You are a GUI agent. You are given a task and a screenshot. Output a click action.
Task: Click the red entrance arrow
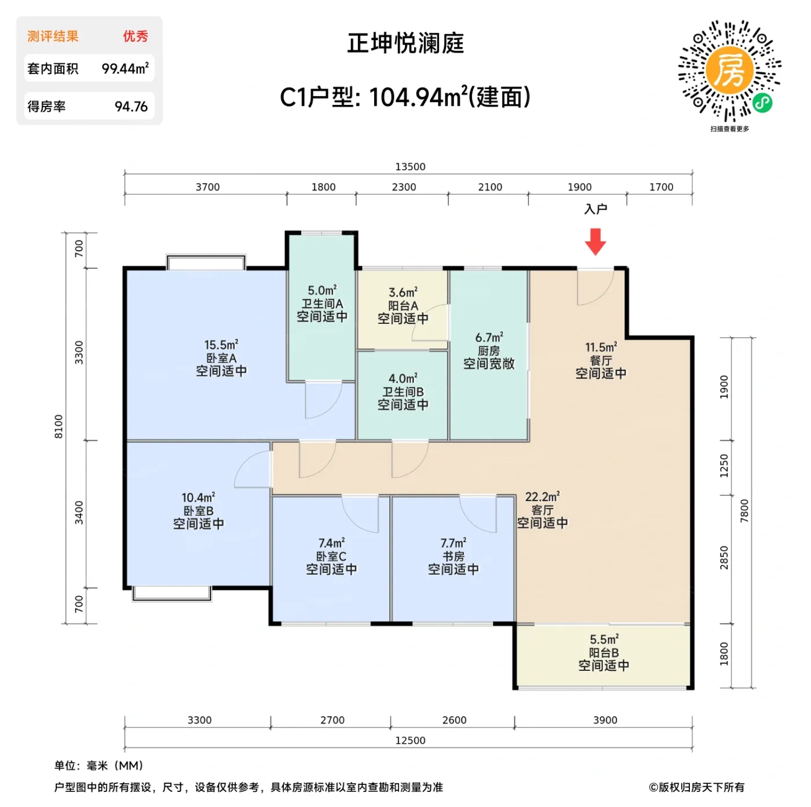pos(595,241)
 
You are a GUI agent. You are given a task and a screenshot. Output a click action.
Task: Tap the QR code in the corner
pos(729,71)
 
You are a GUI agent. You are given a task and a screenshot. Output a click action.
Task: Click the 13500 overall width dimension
pos(410,167)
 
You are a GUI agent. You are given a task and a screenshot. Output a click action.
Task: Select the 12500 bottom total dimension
pos(410,740)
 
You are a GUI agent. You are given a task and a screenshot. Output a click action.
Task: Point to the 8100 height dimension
pos(59,426)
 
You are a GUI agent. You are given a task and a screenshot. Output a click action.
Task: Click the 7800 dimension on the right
pos(744,510)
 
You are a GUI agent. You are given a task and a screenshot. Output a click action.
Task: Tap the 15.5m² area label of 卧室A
pos(221,345)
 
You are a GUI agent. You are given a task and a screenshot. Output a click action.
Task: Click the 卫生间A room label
pos(322,304)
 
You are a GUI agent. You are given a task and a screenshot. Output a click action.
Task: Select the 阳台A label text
pos(403,306)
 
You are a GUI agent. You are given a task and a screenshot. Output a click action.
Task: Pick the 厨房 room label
pos(489,351)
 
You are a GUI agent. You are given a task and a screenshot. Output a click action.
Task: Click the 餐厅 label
pos(601,360)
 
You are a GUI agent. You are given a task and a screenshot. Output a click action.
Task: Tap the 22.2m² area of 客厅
pos(542,497)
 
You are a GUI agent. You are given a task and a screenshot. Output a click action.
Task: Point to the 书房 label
pos(454,556)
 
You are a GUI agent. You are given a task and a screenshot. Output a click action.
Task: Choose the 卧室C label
pos(331,556)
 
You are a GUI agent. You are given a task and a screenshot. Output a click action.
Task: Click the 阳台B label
pos(604,652)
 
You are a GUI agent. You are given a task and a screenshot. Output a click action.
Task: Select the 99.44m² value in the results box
pos(125,68)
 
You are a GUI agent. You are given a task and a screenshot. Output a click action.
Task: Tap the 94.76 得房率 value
pos(131,107)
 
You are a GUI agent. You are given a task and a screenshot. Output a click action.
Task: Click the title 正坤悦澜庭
pos(405,43)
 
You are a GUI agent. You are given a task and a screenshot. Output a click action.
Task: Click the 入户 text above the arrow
pos(596,209)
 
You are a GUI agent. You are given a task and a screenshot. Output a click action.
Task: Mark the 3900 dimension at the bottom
pos(605,720)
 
